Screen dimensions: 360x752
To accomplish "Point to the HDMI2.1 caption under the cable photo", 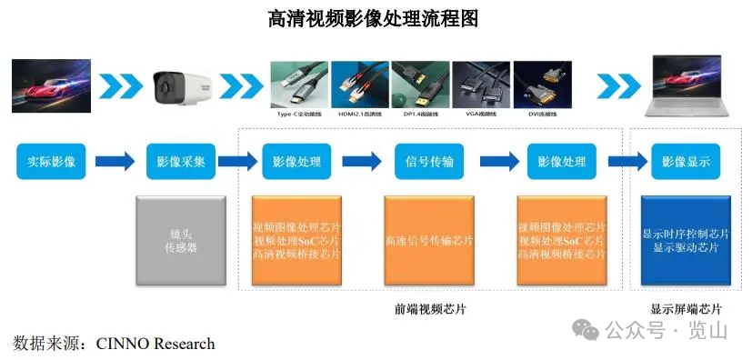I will click(359, 115).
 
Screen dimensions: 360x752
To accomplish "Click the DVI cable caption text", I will click(540, 115).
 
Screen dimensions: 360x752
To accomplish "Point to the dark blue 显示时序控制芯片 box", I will click(686, 240).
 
